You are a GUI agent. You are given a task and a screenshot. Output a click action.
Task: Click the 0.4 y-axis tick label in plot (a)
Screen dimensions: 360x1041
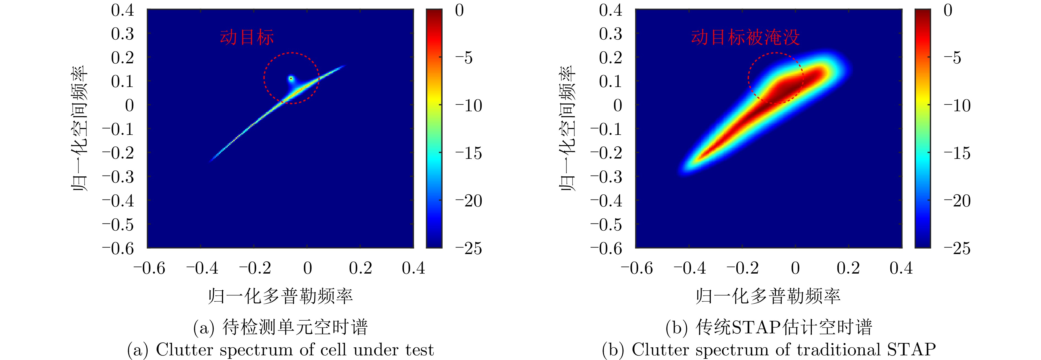[123, 10]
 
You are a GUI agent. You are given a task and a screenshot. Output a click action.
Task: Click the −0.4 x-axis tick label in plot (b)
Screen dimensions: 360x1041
[689, 268]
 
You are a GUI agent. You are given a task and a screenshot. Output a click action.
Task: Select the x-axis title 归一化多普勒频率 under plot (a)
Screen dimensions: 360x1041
[280, 296]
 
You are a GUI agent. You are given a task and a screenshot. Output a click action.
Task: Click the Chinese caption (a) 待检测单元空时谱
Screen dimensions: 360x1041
[280, 327]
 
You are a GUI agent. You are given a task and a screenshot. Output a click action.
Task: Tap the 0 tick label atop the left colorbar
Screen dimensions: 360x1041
[459, 10]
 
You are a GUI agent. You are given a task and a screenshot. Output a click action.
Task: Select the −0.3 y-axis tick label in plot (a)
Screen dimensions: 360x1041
[118, 177]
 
